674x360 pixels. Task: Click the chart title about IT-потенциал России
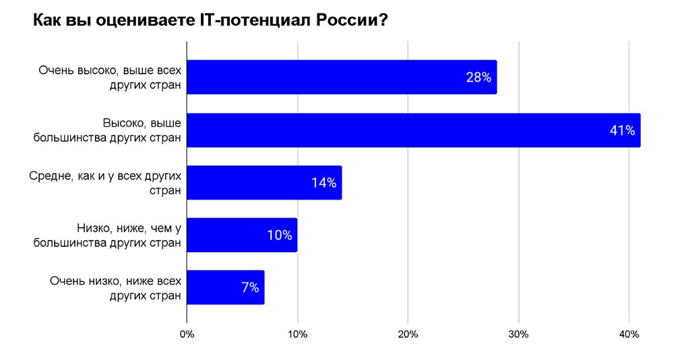pos(210,21)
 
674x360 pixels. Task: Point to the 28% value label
pos(478,78)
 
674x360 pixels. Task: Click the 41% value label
pos(622,130)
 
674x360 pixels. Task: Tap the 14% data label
pos(324,183)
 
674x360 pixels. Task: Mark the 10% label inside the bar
pos(279,235)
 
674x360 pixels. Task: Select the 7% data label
pos(249,288)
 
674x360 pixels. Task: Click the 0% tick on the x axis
pos(187,334)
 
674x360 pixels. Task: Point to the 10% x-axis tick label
pos(297,334)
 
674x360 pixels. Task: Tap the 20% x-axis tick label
pos(408,334)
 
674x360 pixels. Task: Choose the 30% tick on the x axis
pos(518,334)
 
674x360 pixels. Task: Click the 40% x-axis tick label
pos(629,334)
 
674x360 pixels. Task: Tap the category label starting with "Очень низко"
pos(115,288)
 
